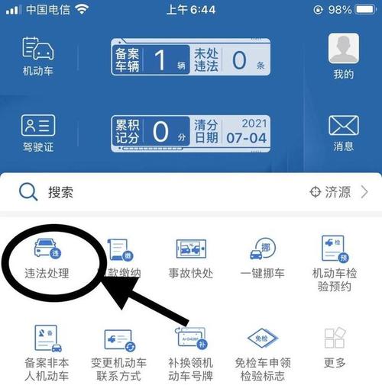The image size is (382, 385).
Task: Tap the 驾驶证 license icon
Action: click(x=37, y=126)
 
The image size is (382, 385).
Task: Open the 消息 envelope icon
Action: click(x=343, y=126)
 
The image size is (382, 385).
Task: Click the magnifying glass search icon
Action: click(x=28, y=192)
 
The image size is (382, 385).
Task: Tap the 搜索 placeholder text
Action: click(x=61, y=193)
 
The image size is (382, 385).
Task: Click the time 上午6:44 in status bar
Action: click(x=190, y=10)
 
